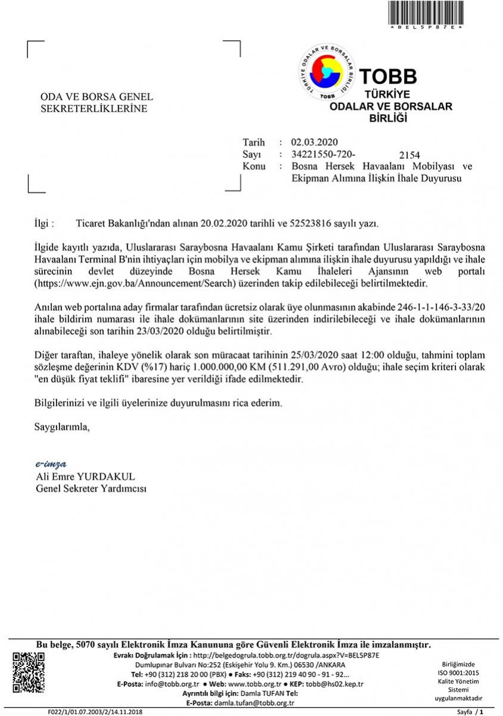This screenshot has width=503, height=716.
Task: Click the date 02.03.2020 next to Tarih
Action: (x=314, y=142)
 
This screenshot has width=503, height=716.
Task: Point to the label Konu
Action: (x=254, y=166)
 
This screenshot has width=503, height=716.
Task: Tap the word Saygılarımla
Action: (x=62, y=427)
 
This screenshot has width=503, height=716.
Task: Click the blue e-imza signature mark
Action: (x=51, y=464)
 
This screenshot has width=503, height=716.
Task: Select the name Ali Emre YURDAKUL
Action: (x=86, y=477)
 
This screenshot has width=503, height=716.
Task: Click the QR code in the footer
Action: (x=29, y=672)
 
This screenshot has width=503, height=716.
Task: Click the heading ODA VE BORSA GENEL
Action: (x=96, y=97)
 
